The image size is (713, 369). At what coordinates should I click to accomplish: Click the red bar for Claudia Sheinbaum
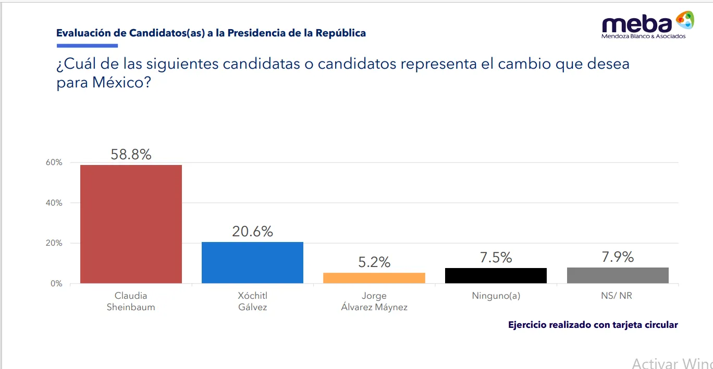(x=131, y=224)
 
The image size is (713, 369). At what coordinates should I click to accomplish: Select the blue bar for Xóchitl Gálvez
(x=252, y=262)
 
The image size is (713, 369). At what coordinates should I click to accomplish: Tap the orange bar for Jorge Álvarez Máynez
(x=374, y=278)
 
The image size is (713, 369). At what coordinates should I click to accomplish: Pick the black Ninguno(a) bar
(x=496, y=275)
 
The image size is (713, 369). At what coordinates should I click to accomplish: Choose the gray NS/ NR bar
(x=618, y=275)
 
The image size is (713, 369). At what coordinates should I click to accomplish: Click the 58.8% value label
(x=131, y=154)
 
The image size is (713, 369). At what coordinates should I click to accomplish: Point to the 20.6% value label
(x=252, y=231)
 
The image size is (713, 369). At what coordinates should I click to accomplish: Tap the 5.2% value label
(x=374, y=262)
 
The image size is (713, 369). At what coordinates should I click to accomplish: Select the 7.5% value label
(x=496, y=257)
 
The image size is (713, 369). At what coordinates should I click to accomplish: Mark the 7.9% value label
(x=618, y=257)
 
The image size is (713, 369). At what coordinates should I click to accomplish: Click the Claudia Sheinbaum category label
(x=131, y=301)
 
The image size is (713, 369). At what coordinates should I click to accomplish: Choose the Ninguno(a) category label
(x=496, y=296)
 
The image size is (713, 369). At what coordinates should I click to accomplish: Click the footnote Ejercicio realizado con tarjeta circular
(x=593, y=325)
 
